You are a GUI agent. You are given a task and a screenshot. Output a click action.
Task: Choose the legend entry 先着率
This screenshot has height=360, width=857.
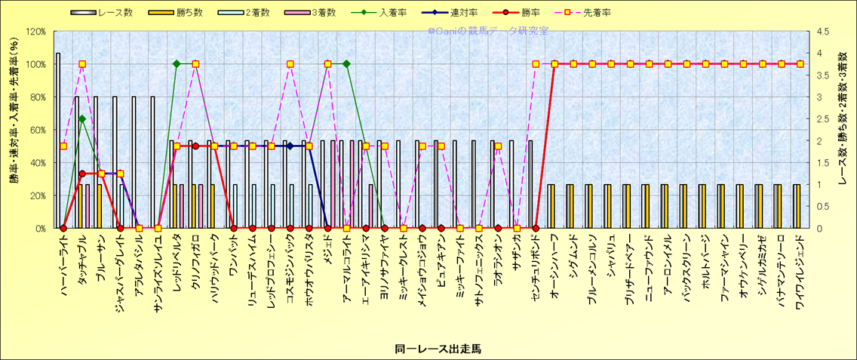pyautogui.click(x=597, y=13)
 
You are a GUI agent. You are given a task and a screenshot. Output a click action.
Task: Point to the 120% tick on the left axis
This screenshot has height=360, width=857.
pyautogui.click(x=35, y=32)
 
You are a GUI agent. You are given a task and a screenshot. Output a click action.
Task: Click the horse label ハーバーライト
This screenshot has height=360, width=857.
pyautogui.click(x=63, y=260)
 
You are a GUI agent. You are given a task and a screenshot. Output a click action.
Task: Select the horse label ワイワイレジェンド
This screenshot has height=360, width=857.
pyautogui.click(x=798, y=268)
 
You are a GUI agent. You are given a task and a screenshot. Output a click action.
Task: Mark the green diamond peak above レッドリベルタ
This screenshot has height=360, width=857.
pyautogui.click(x=177, y=64)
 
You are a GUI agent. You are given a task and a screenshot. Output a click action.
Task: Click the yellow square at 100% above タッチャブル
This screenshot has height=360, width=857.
pyautogui.click(x=82, y=64)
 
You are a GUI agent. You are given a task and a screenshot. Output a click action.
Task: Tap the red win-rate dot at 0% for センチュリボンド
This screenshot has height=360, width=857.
pyautogui.click(x=536, y=228)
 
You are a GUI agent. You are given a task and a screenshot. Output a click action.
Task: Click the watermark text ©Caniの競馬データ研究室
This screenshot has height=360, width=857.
pyautogui.click(x=488, y=32)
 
